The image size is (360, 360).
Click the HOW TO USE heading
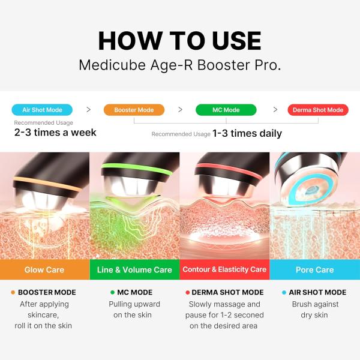(180, 40)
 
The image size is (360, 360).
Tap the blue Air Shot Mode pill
(43, 110)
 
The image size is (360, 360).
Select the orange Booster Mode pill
(134, 110)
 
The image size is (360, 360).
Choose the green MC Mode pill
(226, 110)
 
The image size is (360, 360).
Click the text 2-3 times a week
(55, 132)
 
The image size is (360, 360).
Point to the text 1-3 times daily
(247, 133)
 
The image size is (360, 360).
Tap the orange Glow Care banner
(44, 270)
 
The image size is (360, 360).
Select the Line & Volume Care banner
(134, 270)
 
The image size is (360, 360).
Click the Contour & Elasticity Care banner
(224, 270)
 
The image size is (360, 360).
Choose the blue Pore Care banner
(314, 270)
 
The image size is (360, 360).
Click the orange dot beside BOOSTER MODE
(13, 293)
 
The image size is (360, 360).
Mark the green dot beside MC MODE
(112, 293)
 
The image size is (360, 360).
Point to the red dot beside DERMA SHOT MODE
(188, 293)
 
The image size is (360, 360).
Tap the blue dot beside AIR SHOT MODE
(284, 293)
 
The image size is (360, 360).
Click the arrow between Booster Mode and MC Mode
(180, 110)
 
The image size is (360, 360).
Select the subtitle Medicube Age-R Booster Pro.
(180, 65)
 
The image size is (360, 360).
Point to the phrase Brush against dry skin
(314, 309)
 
